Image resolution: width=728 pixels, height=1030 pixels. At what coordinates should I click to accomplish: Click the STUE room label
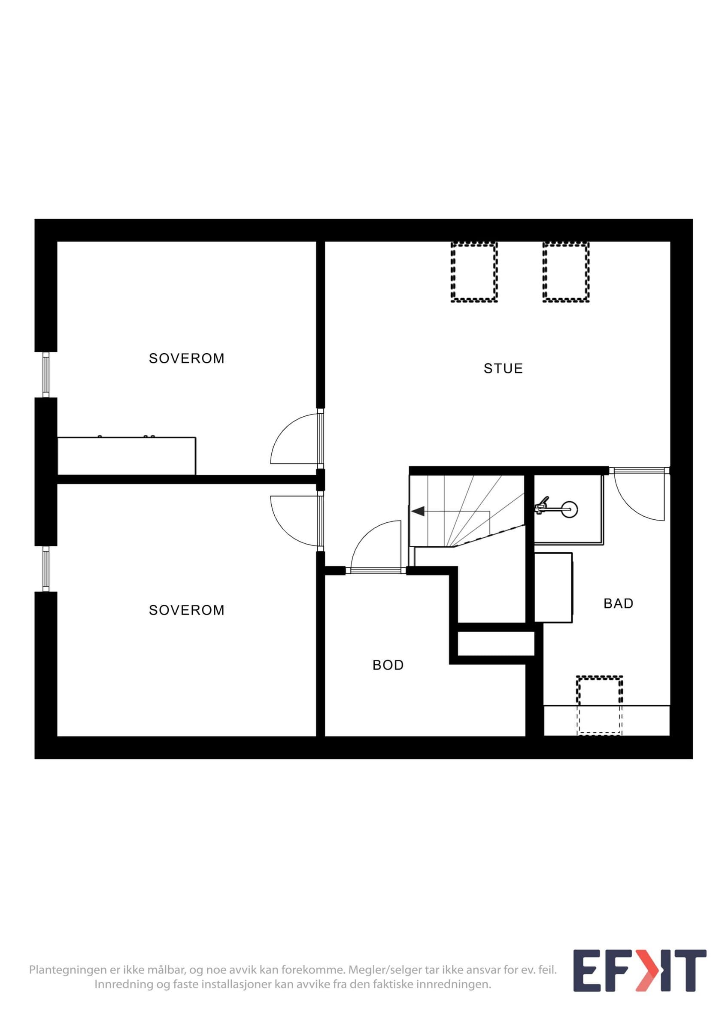pos(503,369)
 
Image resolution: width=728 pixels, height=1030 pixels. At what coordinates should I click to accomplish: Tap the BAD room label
pos(618,604)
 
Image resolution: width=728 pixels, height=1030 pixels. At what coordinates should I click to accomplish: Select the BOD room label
pos(388,665)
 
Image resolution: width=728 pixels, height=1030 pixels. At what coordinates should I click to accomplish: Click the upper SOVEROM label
pos(187,358)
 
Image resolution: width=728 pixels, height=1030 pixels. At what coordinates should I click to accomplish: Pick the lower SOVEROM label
pos(187,610)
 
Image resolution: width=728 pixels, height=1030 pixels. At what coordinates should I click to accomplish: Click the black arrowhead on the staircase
pos(418,511)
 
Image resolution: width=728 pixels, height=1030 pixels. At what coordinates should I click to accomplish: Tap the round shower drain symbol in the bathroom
pos(570,509)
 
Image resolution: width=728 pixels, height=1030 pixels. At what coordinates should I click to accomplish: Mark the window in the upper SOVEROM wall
pos(46,375)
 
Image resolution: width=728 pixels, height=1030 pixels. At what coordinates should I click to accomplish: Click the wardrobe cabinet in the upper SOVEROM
pos(127,455)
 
